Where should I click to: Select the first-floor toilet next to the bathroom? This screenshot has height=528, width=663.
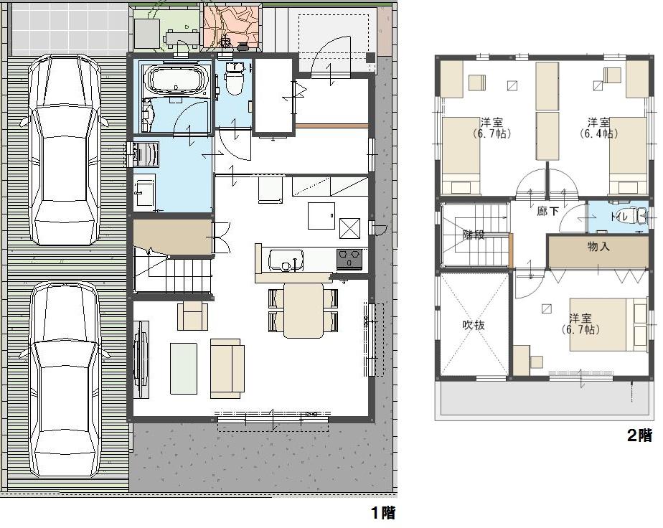tap(234, 79)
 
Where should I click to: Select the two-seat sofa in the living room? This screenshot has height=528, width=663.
tap(227, 367)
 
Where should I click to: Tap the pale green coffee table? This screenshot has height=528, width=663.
tap(183, 368)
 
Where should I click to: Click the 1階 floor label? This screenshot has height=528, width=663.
tap(382, 512)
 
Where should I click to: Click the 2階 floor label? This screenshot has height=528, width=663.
tap(640, 435)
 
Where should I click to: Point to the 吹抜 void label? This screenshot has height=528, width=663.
tap(473, 325)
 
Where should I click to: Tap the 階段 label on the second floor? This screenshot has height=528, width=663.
tap(474, 235)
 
